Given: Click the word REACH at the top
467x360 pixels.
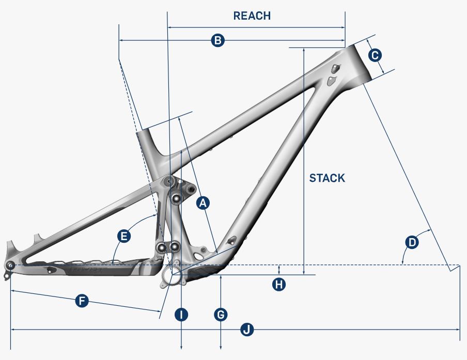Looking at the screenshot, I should [252, 15].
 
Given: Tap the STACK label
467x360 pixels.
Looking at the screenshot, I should [327, 178].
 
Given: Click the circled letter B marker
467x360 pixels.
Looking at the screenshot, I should [218, 40].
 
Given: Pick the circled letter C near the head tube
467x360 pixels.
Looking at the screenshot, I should [375, 54].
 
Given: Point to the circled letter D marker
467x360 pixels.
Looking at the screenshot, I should [411, 242].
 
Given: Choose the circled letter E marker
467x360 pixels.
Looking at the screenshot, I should [124, 237].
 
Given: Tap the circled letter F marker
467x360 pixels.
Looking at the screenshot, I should [81, 301].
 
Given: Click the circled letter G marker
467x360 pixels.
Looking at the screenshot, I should [221, 315].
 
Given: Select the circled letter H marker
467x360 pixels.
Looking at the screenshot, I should [279, 284].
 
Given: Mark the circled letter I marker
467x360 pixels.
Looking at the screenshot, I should [181, 315].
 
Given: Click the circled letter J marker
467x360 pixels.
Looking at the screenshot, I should [248, 329].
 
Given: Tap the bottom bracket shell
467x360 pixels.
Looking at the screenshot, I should [174, 273].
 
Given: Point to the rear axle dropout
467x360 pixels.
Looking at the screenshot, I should [10, 265].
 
